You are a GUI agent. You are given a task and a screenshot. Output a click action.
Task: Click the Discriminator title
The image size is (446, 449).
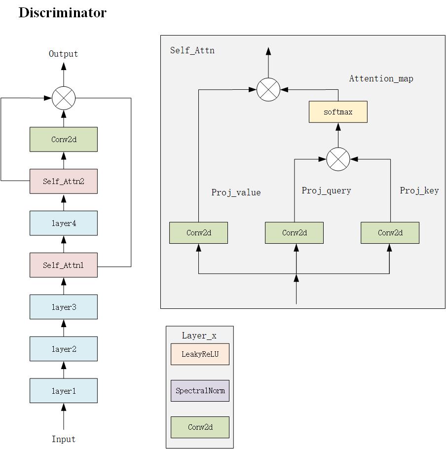[62, 13]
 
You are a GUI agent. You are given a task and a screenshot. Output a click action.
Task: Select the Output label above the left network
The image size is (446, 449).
[63, 54]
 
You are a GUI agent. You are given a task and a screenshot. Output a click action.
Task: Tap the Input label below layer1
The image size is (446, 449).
[63, 439]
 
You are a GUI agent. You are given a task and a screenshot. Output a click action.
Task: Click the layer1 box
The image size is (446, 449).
[63, 391]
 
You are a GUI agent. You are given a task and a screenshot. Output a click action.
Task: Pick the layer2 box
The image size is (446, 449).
[63, 349]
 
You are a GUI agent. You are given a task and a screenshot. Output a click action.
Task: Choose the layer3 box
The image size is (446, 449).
[63, 307]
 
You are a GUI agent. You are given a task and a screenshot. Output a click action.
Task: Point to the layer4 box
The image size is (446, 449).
[63, 223]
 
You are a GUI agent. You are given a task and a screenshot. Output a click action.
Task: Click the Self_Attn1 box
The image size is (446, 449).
[63, 265]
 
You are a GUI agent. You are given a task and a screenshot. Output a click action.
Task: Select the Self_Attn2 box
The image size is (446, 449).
[63, 181]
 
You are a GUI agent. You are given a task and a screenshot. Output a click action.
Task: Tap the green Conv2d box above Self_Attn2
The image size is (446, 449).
[63, 139]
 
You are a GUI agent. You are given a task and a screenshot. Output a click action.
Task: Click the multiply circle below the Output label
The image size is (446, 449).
[64, 98]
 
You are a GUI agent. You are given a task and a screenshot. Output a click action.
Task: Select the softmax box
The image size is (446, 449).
[338, 112]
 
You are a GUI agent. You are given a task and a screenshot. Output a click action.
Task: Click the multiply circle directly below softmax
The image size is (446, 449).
[338, 159]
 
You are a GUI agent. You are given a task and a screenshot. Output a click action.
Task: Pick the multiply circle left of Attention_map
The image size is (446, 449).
[268, 89]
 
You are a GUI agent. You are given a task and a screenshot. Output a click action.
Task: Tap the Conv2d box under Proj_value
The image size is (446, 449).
[198, 233]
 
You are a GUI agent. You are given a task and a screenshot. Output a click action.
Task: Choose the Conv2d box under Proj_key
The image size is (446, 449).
[390, 233]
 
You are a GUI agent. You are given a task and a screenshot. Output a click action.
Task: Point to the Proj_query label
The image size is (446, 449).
[326, 191]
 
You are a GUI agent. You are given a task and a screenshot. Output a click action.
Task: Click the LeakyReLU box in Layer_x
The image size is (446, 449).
[200, 354]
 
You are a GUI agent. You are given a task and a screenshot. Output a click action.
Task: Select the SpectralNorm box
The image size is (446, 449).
[200, 391]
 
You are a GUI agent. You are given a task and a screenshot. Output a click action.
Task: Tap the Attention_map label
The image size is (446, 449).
[381, 78]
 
